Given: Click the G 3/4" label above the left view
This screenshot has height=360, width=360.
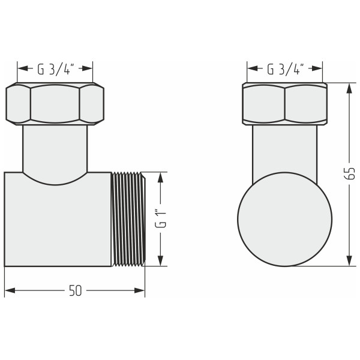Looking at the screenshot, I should [55, 68].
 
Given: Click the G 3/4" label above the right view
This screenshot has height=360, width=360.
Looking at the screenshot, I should [286, 68].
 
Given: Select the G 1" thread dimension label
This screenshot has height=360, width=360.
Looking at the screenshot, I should [160, 219].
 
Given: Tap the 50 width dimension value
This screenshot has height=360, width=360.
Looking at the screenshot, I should [75, 291].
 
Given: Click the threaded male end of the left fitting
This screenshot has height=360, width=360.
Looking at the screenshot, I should [128, 219].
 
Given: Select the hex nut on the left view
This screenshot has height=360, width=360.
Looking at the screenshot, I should [55, 104].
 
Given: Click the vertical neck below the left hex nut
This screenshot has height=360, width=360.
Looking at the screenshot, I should [55, 148].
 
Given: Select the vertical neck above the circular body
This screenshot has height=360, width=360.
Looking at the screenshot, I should [284, 150].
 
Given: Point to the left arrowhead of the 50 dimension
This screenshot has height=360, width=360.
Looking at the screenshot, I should [9, 291].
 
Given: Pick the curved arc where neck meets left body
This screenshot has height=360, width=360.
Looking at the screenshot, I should [55, 183].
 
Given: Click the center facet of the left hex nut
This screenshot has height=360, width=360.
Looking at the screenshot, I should [55, 104].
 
